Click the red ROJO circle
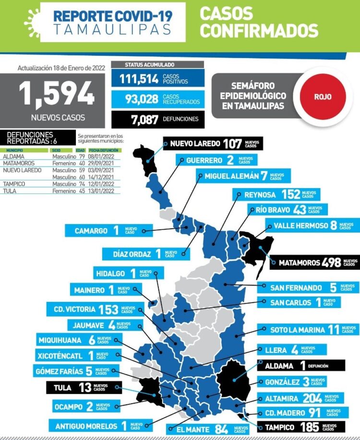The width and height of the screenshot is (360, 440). pos(323,96)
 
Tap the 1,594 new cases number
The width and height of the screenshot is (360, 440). pos(57,93)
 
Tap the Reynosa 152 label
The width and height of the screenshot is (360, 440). pos(274,194)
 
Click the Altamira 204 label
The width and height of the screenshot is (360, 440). pos(300,398)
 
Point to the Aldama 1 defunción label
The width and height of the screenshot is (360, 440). pos(302,366)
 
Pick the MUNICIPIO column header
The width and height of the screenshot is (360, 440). pos(14,150)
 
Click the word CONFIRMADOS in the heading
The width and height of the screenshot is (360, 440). pos(259,30)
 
